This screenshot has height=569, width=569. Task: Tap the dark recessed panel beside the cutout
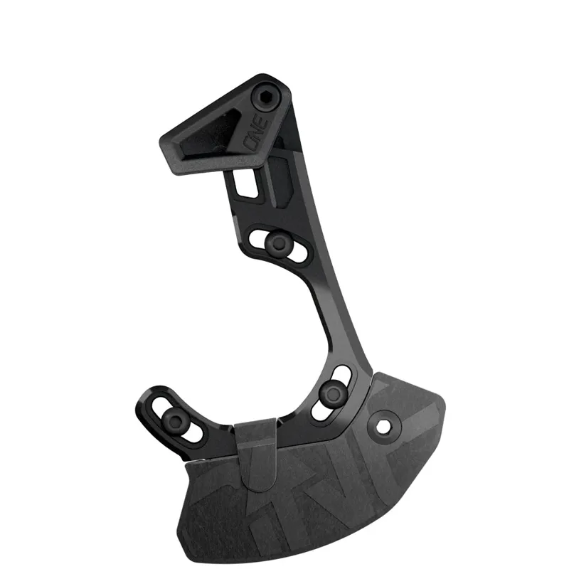click(279, 175)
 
